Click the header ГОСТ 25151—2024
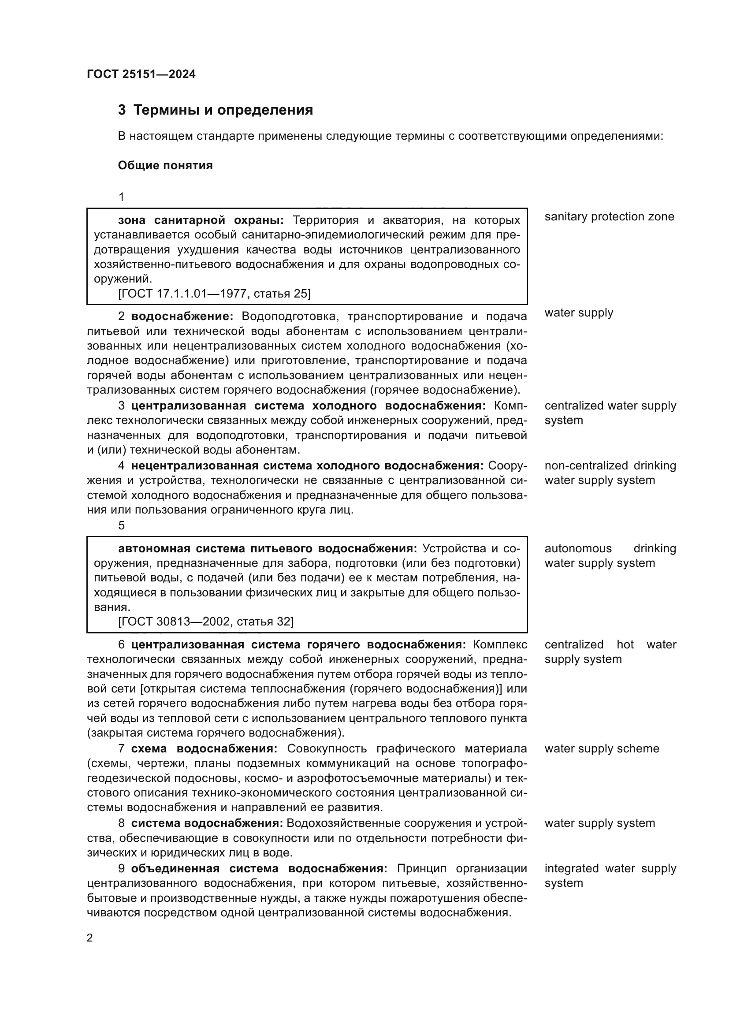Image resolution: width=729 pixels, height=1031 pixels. [x=141, y=74]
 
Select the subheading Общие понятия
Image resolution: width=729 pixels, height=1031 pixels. [x=165, y=166]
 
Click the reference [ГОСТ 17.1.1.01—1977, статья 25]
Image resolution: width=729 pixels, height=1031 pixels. [x=214, y=294]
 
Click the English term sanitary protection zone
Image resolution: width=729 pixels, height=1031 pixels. [x=609, y=216]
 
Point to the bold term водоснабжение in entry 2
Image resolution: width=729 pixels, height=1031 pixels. [x=182, y=316]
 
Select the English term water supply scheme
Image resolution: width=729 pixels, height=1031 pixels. [x=602, y=748]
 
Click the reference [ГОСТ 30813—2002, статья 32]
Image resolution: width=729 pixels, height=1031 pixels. [x=205, y=622]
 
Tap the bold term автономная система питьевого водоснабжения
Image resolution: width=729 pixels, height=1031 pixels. [x=267, y=548]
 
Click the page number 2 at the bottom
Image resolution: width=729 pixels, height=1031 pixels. [x=90, y=938]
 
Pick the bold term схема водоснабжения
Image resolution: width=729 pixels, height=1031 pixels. [x=204, y=748]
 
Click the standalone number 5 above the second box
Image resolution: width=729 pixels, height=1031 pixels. [x=121, y=525]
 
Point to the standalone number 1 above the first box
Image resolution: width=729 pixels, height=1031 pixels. [x=121, y=197]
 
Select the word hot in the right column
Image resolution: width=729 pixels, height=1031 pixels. [x=625, y=645]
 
